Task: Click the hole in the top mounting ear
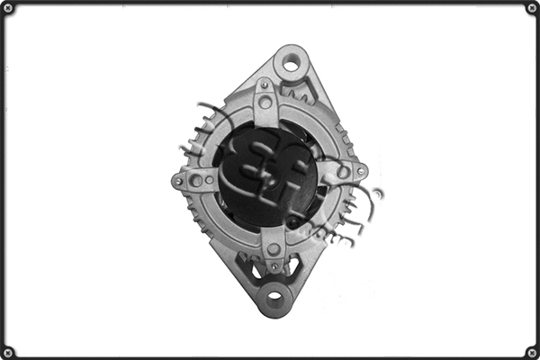291,64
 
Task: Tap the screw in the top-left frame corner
8,8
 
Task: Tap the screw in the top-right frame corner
532,8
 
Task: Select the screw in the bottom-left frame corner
8,352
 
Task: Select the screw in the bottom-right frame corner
532,352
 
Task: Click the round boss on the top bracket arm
265,102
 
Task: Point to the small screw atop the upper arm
264,85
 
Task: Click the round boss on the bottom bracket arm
274,248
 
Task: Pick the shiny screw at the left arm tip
179,181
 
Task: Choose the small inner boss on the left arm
209,179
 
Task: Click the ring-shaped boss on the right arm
343,171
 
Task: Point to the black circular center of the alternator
265,175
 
